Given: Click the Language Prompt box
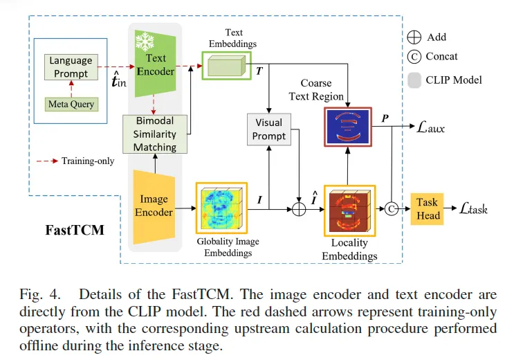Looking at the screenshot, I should point(71,67).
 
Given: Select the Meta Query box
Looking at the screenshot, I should point(71,105).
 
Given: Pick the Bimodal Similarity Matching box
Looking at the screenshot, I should point(155,134).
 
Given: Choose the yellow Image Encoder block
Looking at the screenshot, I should point(154,206).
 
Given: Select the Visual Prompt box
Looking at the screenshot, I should point(268,129).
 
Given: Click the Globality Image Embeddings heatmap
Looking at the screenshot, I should point(221,207).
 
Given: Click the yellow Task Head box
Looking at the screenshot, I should point(428,207).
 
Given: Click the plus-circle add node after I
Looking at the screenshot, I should point(298,208).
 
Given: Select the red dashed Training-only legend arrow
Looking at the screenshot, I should point(48,161).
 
